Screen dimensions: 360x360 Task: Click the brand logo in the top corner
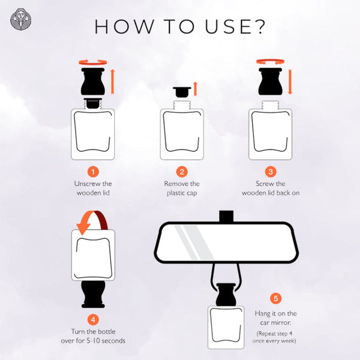pos(21,19)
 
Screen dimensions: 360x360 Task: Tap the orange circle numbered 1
pos(93,172)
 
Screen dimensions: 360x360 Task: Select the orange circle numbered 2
pos(182,172)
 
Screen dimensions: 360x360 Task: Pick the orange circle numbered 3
pos(271,172)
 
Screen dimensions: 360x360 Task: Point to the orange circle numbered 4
pos(93,320)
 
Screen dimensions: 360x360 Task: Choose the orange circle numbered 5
pos(275,298)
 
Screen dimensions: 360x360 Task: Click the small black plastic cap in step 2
pos(182,92)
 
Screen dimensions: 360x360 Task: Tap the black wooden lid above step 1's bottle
pos(93,82)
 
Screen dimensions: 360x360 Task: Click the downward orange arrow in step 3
pos(290,82)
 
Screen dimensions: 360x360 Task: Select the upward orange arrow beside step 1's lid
pos(113,82)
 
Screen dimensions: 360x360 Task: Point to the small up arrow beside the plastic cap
pos(195,89)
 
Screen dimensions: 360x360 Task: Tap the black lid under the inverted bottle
pos(93,295)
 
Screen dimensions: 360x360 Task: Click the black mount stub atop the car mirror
pos(226,216)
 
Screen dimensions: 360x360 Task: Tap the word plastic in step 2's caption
pos(175,193)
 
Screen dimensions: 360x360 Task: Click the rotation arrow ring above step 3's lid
pos(270,62)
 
